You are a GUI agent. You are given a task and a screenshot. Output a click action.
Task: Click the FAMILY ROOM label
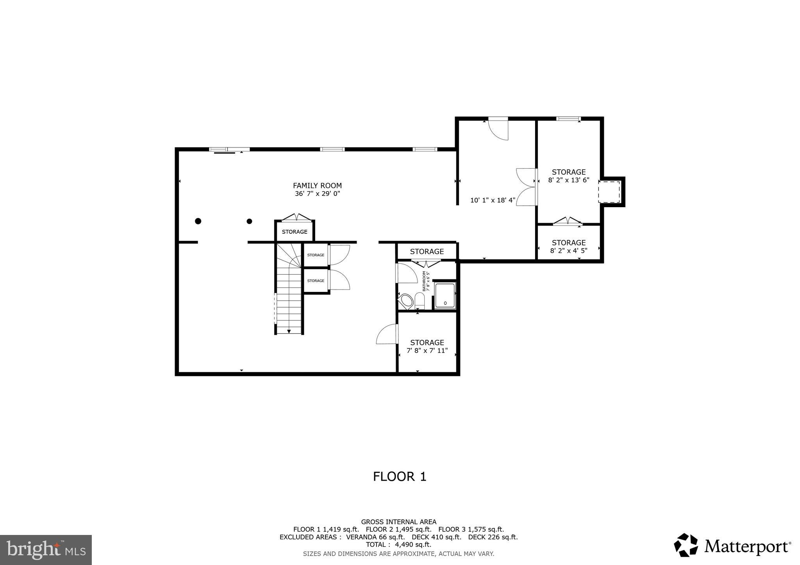pyautogui.click(x=317, y=186)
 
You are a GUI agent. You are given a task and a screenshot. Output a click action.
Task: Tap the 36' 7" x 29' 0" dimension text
pyautogui.click(x=317, y=194)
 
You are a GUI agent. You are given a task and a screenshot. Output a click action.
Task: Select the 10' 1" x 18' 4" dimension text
pyautogui.click(x=493, y=201)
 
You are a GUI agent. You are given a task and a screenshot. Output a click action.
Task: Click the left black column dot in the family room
pyautogui.click(x=198, y=221)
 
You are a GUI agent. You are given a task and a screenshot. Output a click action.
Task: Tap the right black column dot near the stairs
pyautogui.click(x=249, y=221)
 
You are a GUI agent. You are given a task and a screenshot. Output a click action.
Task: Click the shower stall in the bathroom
pyautogui.click(x=445, y=296)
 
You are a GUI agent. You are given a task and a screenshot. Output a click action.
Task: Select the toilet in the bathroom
pyautogui.click(x=420, y=300)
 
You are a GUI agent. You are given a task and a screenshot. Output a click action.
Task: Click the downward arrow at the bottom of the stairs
pyautogui.click(x=289, y=331)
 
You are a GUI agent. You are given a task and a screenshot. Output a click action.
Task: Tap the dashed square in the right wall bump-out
pyautogui.click(x=609, y=192)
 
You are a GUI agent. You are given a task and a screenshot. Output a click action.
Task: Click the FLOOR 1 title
pyautogui.click(x=399, y=476)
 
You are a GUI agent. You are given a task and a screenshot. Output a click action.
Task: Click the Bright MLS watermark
pyautogui.click(x=46, y=550)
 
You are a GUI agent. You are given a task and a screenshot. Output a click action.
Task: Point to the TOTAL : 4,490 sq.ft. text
pyautogui.click(x=398, y=544)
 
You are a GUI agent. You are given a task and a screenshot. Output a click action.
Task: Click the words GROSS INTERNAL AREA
pyautogui.click(x=398, y=522)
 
